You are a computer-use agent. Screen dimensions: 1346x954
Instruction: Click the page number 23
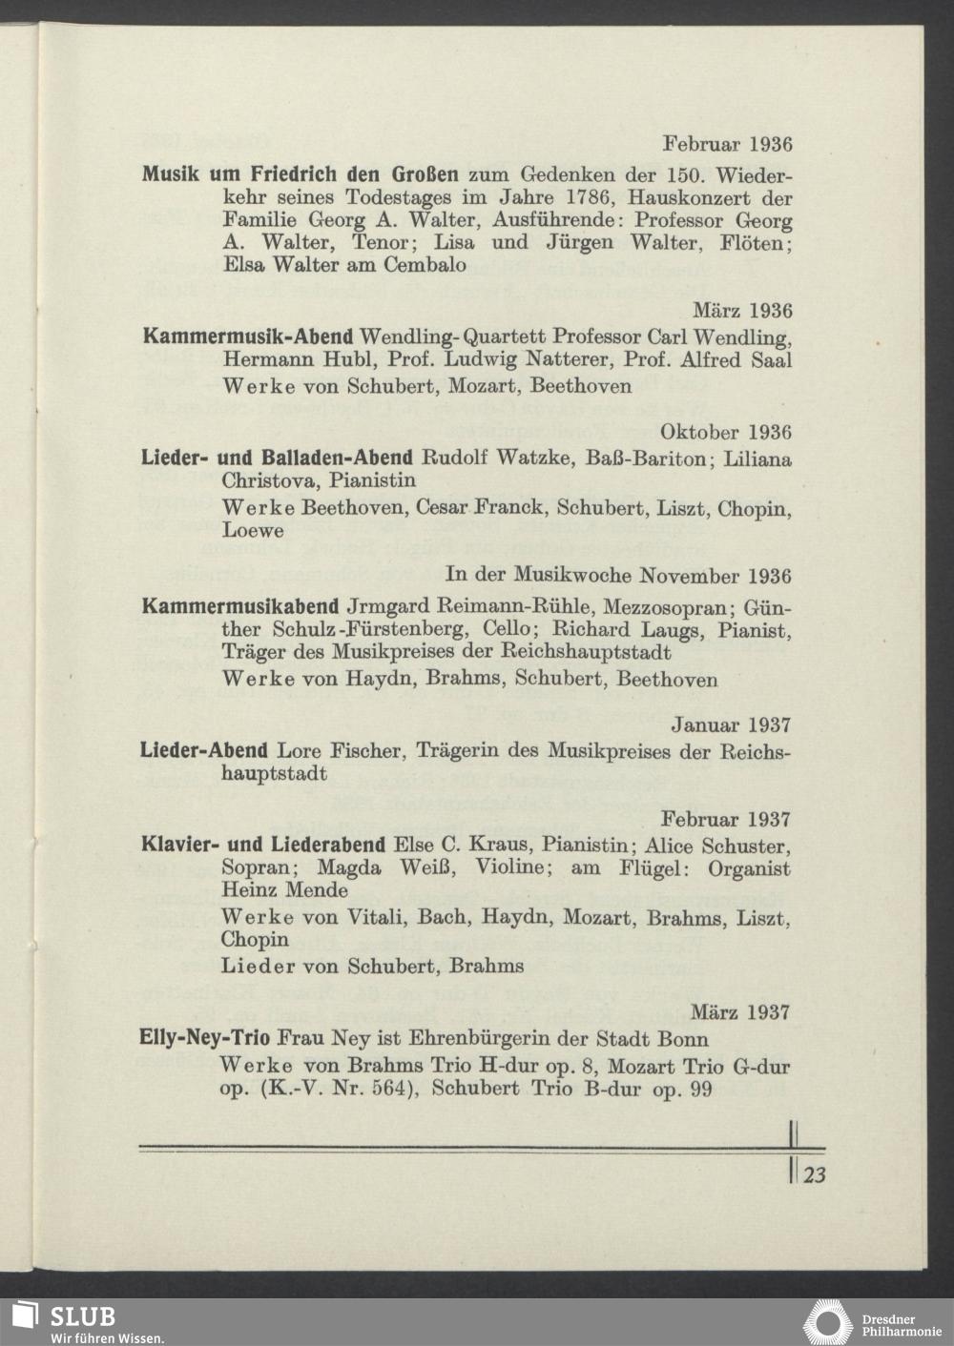tap(815, 1175)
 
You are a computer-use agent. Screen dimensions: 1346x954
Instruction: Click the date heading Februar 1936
tap(727, 145)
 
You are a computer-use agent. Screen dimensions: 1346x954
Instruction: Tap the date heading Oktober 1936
tap(725, 433)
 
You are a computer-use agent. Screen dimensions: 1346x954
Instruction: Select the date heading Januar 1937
tap(730, 725)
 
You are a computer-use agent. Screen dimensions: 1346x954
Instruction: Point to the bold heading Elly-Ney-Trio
tap(204, 1037)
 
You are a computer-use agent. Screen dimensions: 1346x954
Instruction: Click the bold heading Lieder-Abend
tap(203, 750)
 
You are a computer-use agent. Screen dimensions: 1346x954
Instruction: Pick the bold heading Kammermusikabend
tap(239, 605)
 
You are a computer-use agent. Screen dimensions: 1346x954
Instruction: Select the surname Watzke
tap(525, 458)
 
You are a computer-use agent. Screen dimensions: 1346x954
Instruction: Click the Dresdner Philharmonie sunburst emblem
tap(827, 1323)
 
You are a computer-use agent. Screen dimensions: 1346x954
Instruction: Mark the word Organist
tap(752, 868)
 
